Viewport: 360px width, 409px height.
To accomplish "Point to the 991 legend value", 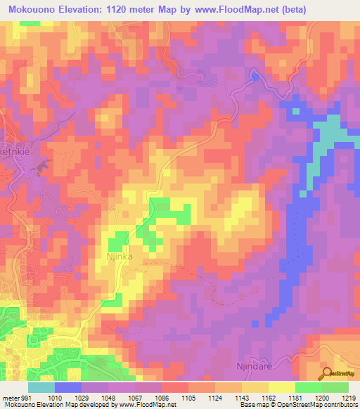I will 27,398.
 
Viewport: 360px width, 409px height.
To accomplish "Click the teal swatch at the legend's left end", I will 41,387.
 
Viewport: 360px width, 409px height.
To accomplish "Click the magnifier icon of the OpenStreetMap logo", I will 327,372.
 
